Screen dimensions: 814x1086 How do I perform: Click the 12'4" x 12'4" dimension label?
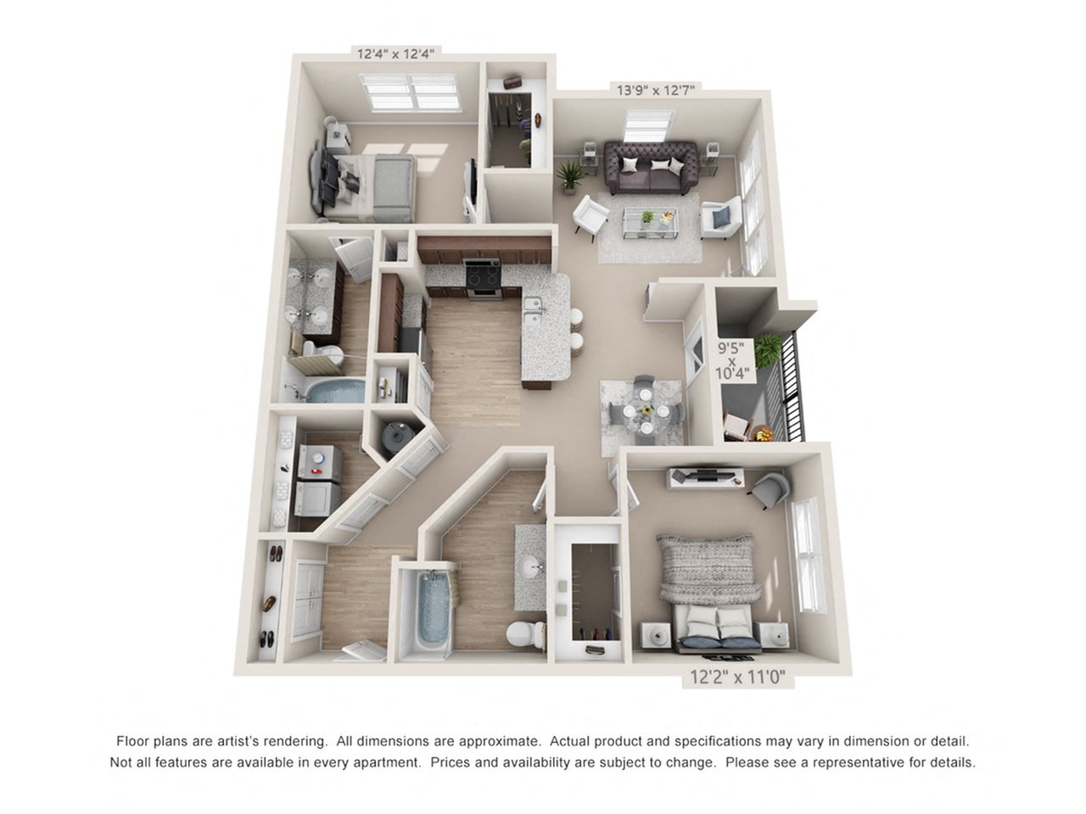(x=395, y=53)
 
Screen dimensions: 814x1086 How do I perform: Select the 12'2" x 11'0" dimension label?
(x=737, y=677)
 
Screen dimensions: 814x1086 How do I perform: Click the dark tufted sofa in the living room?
(x=651, y=168)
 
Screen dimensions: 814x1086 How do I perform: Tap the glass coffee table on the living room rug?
(x=650, y=222)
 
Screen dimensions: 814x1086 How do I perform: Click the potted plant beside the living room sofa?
(x=569, y=176)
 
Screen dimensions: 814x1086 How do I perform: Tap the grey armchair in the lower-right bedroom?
(x=770, y=489)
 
